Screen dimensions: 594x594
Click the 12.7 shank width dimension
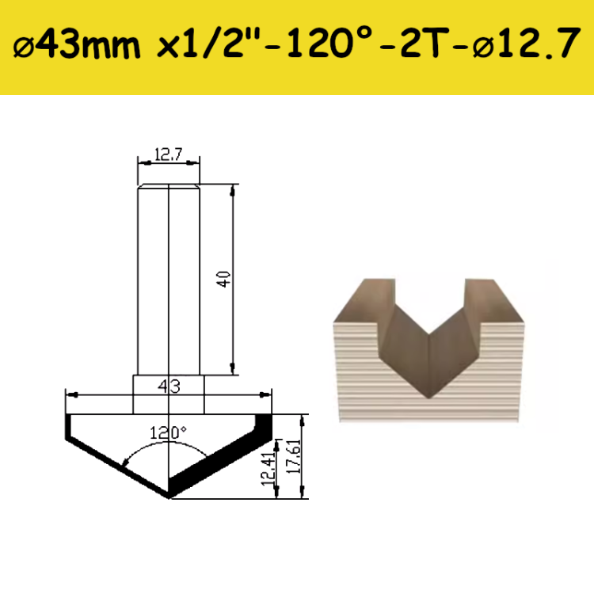(x=168, y=156)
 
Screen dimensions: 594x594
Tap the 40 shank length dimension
(x=226, y=279)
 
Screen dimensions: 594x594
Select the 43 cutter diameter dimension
(x=169, y=386)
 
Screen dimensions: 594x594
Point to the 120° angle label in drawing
(x=168, y=433)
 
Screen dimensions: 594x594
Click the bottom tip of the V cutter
(x=169, y=497)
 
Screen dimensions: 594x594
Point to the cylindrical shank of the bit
(x=169, y=277)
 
